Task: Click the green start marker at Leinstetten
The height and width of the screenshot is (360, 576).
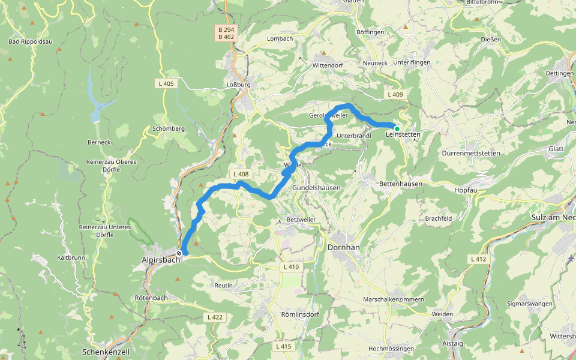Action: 397,128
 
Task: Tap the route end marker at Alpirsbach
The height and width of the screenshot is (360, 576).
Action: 179,253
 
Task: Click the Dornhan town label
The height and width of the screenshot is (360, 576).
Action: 344,247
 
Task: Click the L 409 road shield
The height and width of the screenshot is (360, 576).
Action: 395,95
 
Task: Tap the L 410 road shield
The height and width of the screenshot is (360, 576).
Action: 290,266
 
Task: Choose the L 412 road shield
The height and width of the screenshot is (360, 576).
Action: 478,259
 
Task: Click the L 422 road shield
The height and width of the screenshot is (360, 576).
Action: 215,317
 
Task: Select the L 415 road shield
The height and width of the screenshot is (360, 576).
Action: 283,346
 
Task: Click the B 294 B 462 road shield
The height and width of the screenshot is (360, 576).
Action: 226,32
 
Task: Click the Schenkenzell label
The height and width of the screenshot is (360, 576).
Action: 106,351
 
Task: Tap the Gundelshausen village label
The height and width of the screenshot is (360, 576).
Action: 316,188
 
